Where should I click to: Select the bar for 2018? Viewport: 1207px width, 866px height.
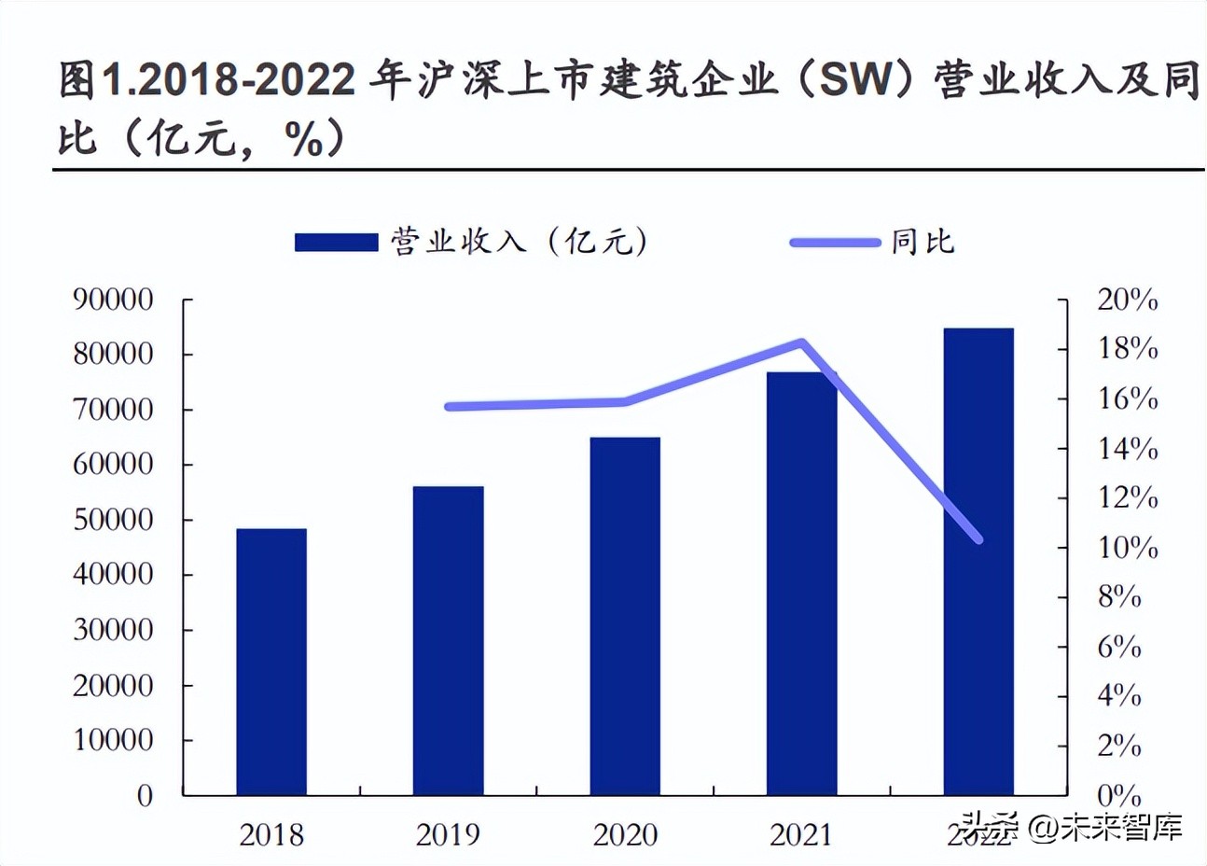[271, 662]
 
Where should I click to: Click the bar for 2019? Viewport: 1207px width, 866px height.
[448, 640]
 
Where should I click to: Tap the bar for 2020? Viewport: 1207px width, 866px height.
[625, 616]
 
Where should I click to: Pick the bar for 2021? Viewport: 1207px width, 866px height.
[801, 583]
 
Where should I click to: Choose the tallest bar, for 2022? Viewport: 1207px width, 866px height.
[978, 561]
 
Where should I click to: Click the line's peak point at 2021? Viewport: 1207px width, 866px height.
[801, 342]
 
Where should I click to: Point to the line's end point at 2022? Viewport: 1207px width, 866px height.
[978, 538]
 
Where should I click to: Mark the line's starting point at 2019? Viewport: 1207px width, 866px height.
[449, 407]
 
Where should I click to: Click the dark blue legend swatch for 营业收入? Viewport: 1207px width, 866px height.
[336, 243]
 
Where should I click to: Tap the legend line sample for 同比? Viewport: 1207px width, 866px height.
[835, 243]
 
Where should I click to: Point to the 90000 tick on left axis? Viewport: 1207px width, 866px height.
[113, 300]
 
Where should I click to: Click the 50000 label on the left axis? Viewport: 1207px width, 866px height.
[113, 520]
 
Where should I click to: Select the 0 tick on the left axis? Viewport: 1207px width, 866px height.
[145, 796]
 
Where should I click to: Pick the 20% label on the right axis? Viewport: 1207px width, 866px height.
[1127, 300]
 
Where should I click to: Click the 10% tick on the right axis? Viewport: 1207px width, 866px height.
[1127, 547]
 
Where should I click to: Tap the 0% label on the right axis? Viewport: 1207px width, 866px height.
[1119, 796]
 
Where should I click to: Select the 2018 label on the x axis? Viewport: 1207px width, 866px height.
[271, 834]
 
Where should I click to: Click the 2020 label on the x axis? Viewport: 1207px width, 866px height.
[625, 834]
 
